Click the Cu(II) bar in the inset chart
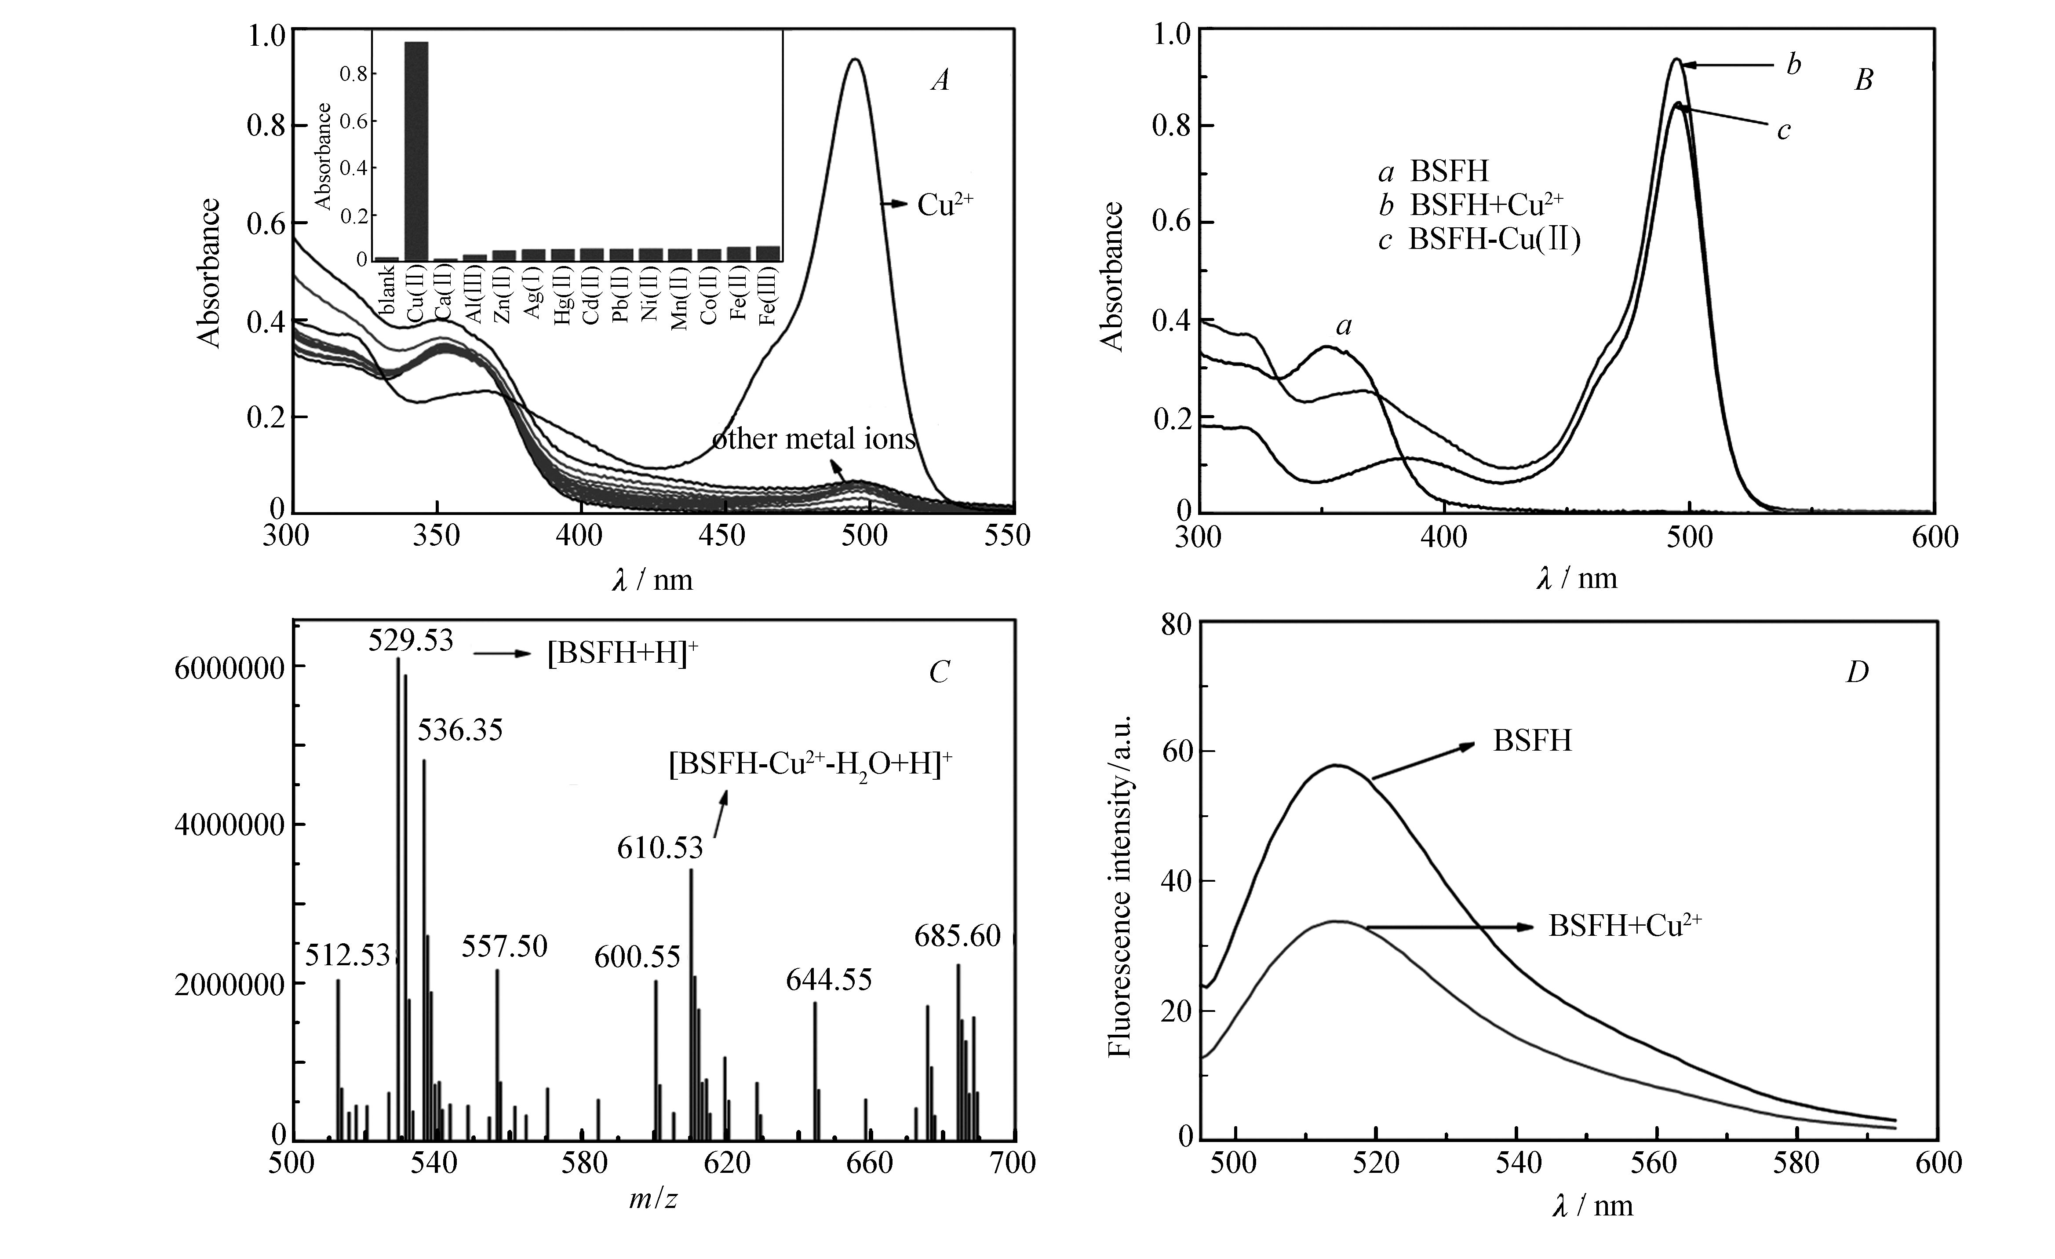click(416, 150)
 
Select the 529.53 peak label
click(411, 641)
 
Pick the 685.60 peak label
click(958, 936)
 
